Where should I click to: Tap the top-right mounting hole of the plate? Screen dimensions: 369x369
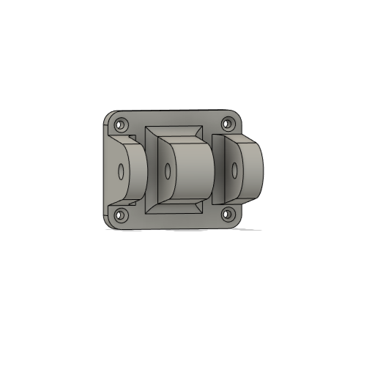[x=227, y=123]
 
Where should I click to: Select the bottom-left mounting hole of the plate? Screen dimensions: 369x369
[x=121, y=216]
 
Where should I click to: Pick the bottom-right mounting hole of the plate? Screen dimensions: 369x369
[x=227, y=215]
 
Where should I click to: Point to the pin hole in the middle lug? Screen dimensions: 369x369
[x=168, y=173]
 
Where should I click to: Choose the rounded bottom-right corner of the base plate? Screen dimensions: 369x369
[x=238, y=222]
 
